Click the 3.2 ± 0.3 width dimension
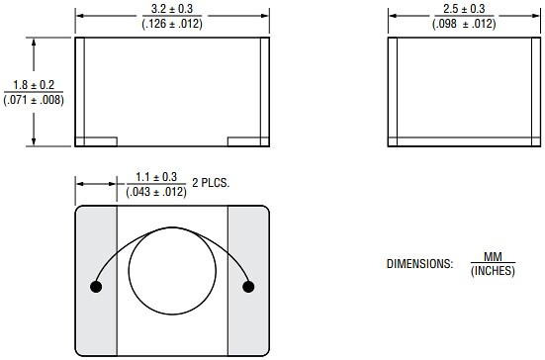pos(172,10)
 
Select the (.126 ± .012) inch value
pos(172,24)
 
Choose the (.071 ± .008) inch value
pos(35,99)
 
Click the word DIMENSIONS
pos(419,264)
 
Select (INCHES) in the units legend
pos(493,271)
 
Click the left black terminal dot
pos(96,287)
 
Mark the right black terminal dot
pos(248,287)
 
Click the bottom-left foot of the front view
pos(97,141)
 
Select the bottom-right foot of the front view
pos(248,141)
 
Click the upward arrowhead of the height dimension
pos(35,43)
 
